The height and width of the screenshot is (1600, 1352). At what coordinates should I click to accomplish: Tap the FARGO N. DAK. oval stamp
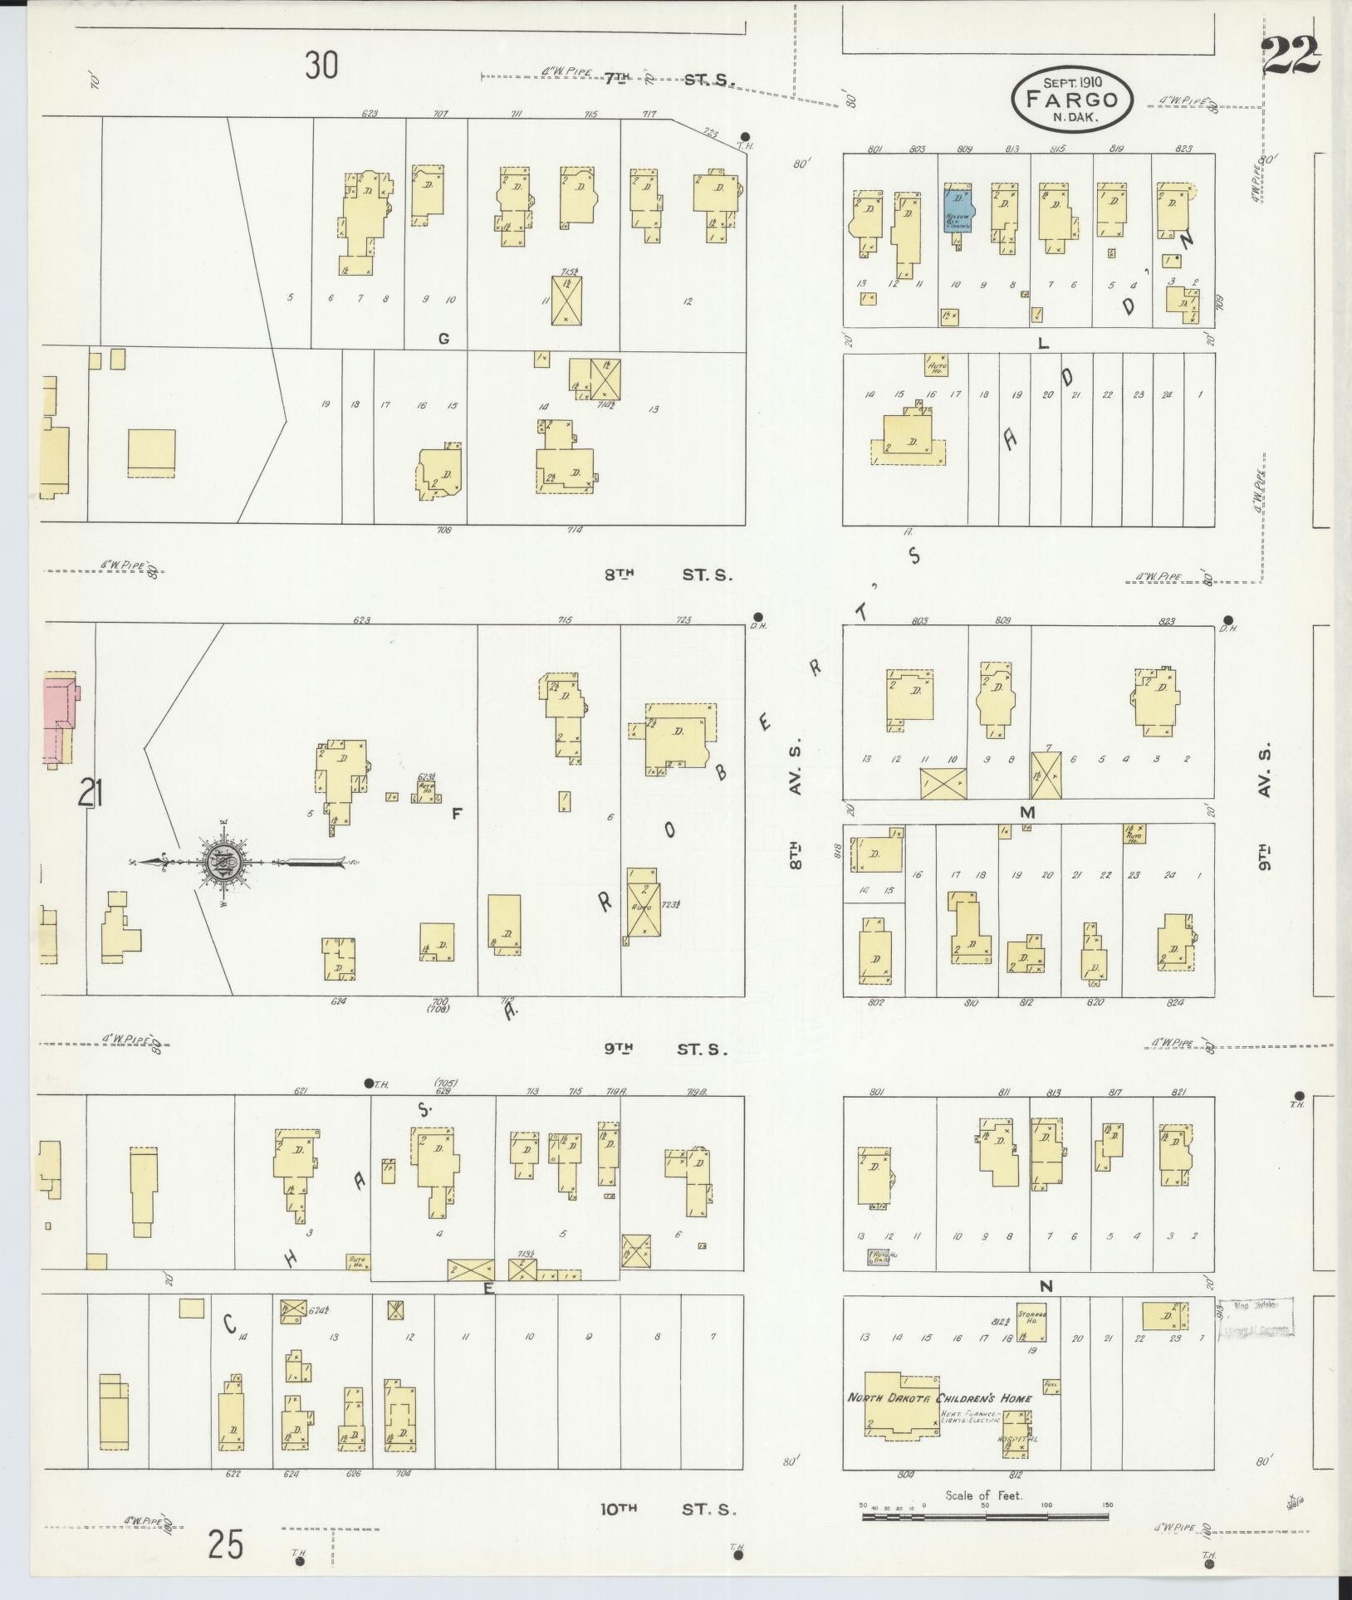coord(1072,100)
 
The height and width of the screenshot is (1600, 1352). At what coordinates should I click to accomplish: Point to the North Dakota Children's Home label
coord(938,1397)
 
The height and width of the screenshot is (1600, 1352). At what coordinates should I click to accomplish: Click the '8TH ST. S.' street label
coord(669,574)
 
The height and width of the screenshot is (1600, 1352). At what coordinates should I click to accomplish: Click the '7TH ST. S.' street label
coord(669,80)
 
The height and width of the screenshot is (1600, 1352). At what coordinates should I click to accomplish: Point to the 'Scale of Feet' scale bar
coord(984,1516)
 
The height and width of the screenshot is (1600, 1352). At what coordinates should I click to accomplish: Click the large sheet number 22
coord(1291,56)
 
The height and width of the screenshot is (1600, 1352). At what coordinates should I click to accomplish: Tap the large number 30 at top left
coord(321,65)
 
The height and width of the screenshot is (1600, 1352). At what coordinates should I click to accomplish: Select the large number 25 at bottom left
coord(226,1545)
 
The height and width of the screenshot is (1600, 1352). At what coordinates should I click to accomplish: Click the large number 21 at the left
coord(91,795)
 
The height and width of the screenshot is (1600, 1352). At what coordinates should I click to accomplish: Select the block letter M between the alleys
coord(1027,812)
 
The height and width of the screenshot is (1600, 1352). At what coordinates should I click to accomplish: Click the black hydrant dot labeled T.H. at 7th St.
coord(745,137)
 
